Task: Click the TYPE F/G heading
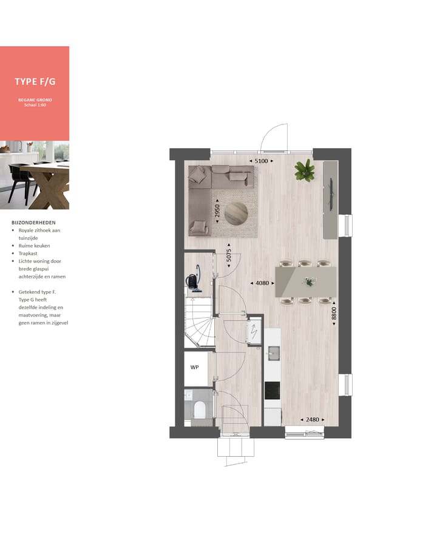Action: click(x=35, y=81)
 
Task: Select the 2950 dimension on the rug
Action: click(x=217, y=211)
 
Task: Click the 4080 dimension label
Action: click(x=262, y=283)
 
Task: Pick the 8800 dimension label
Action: click(x=334, y=314)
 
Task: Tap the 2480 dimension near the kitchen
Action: click(x=312, y=419)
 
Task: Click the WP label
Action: click(x=194, y=368)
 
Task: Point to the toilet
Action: click(x=198, y=409)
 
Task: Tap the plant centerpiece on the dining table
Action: click(x=310, y=281)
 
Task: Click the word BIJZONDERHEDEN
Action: click(x=33, y=223)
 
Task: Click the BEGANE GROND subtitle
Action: click(x=35, y=99)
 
